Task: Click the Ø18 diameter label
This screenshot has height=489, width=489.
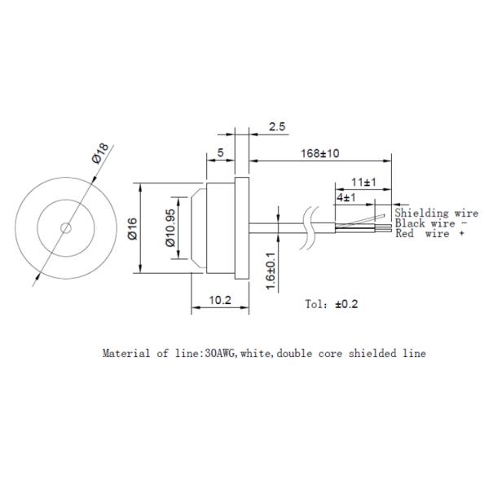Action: pyautogui.click(x=101, y=153)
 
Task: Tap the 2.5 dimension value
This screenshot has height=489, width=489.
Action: pyautogui.click(x=276, y=128)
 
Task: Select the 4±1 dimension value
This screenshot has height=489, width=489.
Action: pyautogui.click(x=344, y=197)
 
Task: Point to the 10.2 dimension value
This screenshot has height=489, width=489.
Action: pyautogui.click(x=219, y=300)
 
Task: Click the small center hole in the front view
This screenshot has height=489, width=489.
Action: pyautogui.click(x=67, y=227)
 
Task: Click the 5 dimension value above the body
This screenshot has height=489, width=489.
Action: pyautogui.click(x=220, y=152)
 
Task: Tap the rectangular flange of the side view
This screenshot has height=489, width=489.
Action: pyautogui.click(x=240, y=227)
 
